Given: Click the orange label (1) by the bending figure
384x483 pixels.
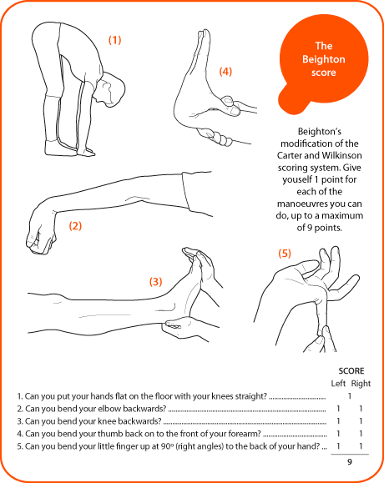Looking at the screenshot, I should click(x=115, y=39).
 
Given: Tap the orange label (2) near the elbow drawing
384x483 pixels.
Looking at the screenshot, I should click(x=75, y=225).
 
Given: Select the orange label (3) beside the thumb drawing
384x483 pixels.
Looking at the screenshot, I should click(x=155, y=281).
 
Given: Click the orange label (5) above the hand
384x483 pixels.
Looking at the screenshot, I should click(x=285, y=253).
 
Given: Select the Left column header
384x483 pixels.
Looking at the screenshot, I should click(x=336, y=383).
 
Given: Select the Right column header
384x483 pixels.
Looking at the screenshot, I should click(x=361, y=383).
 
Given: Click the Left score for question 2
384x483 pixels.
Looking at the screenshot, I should click(x=337, y=409).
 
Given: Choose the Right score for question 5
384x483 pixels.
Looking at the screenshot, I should click(x=361, y=447).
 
